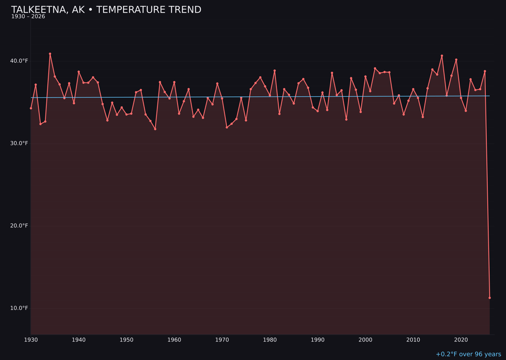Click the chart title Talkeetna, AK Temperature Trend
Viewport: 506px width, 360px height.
pyautogui.click(x=106, y=10)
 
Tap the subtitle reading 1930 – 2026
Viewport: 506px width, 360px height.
pyautogui.click(x=28, y=17)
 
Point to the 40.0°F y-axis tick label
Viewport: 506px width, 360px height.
pyautogui.click(x=19, y=61)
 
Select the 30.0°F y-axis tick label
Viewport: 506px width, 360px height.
pyautogui.click(x=19, y=143)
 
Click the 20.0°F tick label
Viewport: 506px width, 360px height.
pyautogui.click(x=19, y=225)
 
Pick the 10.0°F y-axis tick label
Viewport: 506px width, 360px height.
pyautogui.click(x=19, y=308)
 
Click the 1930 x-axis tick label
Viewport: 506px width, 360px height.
pyautogui.click(x=31, y=339)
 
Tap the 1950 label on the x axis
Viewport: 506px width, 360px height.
pyautogui.click(x=126, y=339)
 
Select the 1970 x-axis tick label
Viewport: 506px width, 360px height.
pyautogui.click(x=222, y=339)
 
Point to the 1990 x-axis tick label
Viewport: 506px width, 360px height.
pyautogui.click(x=318, y=339)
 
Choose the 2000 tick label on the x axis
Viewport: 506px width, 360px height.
pyautogui.click(x=365, y=339)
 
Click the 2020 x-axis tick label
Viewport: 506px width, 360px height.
pyautogui.click(x=461, y=339)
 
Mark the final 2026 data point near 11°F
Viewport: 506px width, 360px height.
pyautogui.click(x=490, y=298)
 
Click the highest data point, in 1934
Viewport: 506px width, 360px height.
pyautogui.click(x=50, y=54)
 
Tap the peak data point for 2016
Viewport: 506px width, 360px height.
pyautogui.click(x=442, y=56)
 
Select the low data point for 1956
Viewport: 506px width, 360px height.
pyautogui.click(x=155, y=129)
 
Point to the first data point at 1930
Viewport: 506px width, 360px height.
pyautogui.click(x=31, y=108)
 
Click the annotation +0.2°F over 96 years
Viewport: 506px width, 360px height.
pyautogui.click(x=468, y=354)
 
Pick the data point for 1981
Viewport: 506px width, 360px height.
pyautogui.click(x=275, y=71)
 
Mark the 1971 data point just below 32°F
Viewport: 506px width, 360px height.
pyautogui.click(x=227, y=127)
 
